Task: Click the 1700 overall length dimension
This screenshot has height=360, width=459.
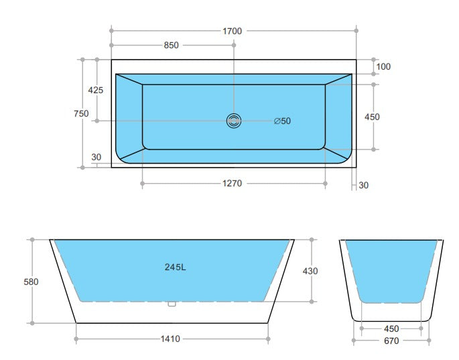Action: [233, 31]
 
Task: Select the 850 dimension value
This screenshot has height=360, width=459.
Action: [171, 46]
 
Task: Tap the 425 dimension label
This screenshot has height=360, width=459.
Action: [96, 90]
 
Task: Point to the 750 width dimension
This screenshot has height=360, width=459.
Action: [81, 114]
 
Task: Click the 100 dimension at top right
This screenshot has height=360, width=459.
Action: [383, 66]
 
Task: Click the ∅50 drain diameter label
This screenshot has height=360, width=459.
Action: [282, 121]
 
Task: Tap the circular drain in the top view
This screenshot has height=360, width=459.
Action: [234, 121]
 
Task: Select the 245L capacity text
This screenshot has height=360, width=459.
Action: [175, 267]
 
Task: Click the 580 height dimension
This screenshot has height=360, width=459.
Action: [31, 282]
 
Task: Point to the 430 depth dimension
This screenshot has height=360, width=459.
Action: [310, 271]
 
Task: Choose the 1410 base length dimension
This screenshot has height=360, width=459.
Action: [171, 339]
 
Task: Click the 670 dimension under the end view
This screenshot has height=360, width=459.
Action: [391, 341]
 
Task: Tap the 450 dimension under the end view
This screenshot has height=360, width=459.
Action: [391, 329]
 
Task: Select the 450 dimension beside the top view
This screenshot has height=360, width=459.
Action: [372, 117]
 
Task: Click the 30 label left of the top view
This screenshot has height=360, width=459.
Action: [96, 158]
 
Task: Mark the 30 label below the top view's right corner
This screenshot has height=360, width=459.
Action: [363, 185]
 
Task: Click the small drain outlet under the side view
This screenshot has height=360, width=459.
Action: [171, 304]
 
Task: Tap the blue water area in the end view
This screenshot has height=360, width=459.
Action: [392, 268]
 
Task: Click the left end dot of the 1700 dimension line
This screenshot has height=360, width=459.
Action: [111, 31]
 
